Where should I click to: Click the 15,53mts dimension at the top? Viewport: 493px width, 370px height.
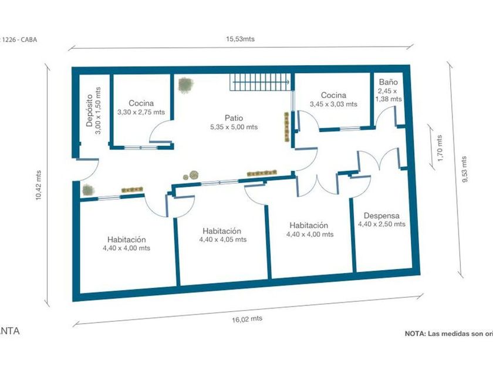[241, 39]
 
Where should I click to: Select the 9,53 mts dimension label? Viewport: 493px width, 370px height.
[465, 169]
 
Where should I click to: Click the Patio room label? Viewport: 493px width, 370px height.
[234, 117]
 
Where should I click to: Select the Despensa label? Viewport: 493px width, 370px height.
[381, 215]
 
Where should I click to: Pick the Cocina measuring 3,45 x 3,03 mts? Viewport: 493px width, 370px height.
[333, 95]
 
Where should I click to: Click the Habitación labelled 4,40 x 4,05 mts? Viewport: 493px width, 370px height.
[222, 231]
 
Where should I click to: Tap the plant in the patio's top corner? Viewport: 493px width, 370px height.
[186, 85]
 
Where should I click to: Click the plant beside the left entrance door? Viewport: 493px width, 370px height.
[88, 190]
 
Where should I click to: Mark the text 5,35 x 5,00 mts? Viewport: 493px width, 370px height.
[234, 127]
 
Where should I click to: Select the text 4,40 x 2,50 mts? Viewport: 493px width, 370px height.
[381, 224]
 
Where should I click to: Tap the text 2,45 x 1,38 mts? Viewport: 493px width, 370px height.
[388, 95]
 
